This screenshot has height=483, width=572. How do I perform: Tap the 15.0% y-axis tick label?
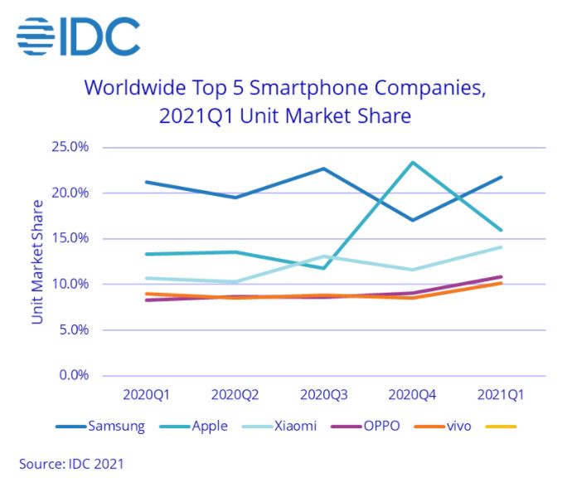(72, 239)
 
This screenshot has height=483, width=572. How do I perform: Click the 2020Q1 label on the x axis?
(146, 393)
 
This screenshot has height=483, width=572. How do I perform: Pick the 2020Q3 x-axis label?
(323, 393)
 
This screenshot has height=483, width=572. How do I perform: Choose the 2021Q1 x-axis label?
(501, 393)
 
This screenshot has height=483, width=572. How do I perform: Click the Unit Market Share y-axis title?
(36, 261)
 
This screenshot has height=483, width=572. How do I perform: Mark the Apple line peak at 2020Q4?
(413, 163)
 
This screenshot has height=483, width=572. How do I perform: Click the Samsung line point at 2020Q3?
(324, 168)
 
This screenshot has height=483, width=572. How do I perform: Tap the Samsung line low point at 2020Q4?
(413, 220)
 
